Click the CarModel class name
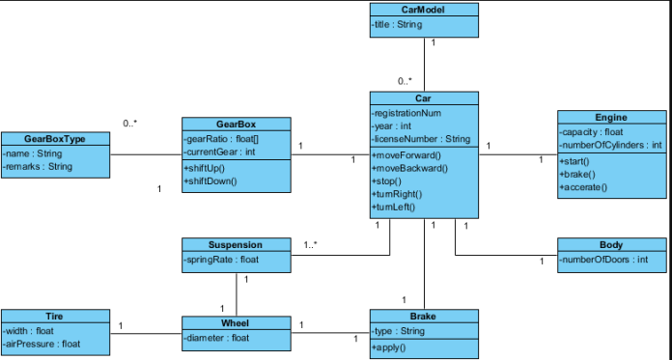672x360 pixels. tap(423, 10)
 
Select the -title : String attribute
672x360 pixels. tap(397, 24)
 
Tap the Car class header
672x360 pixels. tap(423, 98)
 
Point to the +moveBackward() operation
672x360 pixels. tap(409, 168)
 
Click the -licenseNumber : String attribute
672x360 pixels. tap(421, 139)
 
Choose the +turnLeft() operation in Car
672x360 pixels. tap(393, 207)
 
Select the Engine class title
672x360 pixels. tap(611, 117)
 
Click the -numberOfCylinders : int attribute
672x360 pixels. tap(610, 145)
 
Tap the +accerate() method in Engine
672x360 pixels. tap(583, 187)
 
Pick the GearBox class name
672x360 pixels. tap(236, 124)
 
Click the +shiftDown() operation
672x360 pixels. tap(210, 180)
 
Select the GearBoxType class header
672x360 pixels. tap(55, 138)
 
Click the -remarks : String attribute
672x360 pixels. tap(38, 166)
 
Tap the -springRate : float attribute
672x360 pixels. tap(221, 260)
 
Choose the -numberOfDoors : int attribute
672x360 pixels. tap(603, 260)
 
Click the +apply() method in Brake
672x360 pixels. tap(388, 347)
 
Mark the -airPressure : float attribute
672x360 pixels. tap(42, 344)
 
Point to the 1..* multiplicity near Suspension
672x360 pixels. tap(311, 245)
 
